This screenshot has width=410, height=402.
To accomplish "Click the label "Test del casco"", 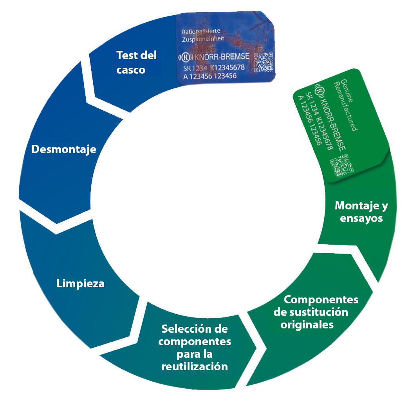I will pos(136,62).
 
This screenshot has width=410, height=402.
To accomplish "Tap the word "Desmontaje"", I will pos(64,150).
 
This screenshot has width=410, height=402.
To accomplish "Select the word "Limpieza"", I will pos(80,283).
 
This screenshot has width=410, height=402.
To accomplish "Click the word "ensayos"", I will pos(361,218).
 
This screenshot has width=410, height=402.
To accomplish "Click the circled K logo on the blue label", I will pos(186,57).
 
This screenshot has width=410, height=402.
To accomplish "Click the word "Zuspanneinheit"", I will pos(202,40).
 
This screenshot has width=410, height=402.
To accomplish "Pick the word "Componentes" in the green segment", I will pos(321,299).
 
